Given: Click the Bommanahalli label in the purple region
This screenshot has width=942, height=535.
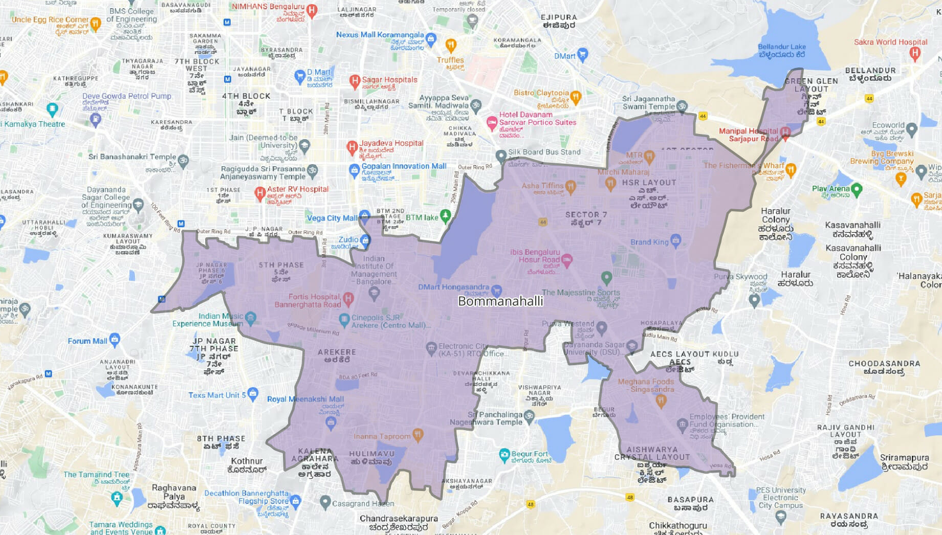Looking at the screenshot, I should pyautogui.click(x=500, y=301).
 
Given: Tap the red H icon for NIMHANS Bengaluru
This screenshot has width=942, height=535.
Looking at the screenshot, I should pyautogui.click(x=312, y=10).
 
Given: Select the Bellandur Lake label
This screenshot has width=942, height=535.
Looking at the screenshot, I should pyautogui.click(x=781, y=50).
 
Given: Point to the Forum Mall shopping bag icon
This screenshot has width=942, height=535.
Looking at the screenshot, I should pyautogui.click(x=115, y=339).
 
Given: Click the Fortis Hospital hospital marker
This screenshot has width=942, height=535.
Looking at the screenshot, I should pyautogui.click(x=348, y=298).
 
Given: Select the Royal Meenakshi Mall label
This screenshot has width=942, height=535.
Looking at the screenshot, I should pyautogui.click(x=305, y=399).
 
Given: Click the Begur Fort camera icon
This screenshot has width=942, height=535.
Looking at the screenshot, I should pyautogui.click(x=505, y=454).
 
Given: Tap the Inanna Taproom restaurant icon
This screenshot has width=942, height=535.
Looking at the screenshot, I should pyautogui.click(x=418, y=435).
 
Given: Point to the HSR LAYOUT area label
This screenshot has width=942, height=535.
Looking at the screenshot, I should pyautogui.click(x=649, y=183).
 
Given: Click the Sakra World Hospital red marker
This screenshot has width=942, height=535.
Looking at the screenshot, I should pyautogui.click(x=915, y=52).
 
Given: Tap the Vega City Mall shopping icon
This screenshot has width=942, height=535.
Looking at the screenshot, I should pyautogui.click(x=364, y=215).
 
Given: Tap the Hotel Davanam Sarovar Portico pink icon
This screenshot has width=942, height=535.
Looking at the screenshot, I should pyautogui.click(x=492, y=122).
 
